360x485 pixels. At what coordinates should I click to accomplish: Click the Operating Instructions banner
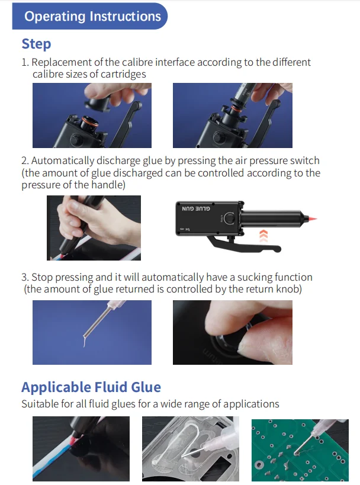(89, 16)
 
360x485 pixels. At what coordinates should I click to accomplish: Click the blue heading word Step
(36, 44)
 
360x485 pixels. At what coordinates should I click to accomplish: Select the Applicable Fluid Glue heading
(91, 387)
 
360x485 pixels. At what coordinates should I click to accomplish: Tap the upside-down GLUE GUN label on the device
(196, 208)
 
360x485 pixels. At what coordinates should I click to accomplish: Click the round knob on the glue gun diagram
(229, 218)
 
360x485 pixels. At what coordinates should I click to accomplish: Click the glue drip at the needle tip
(85, 341)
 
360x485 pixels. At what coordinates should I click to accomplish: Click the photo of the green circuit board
(300, 450)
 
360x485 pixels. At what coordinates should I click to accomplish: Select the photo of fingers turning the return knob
(233, 332)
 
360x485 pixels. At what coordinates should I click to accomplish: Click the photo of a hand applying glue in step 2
(94, 228)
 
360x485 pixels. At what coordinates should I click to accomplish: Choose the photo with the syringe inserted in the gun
(233, 115)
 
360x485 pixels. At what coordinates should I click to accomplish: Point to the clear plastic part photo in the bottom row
(191, 449)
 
